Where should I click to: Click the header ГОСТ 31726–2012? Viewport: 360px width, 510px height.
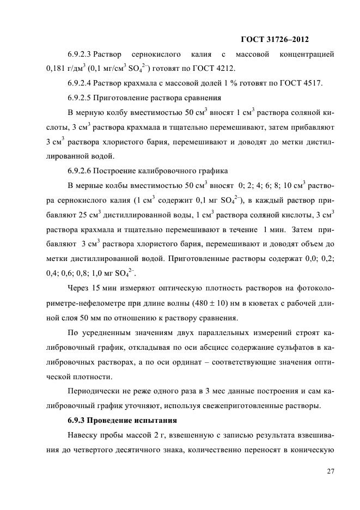(278, 39)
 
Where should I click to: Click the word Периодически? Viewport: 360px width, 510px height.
(91, 391)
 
